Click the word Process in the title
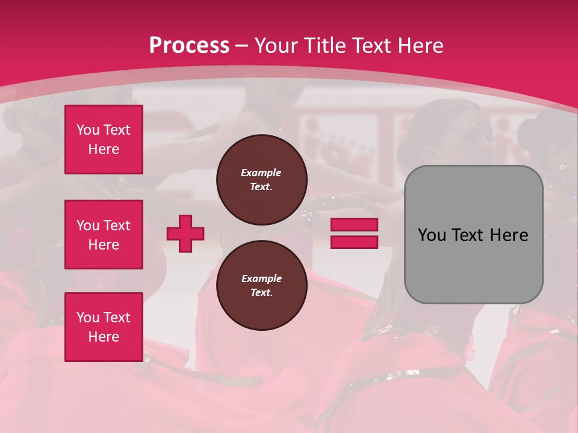(x=189, y=46)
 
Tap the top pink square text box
(x=104, y=140)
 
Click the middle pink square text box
(x=104, y=235)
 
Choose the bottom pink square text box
(x=104, y=327)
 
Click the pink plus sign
(x=185, y=233)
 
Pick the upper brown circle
(x=261, y=180)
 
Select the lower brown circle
(x=261, y=286)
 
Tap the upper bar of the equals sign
(x=355, y=225)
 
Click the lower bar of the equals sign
(x=355, y=242)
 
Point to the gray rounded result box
(x=473, y=235)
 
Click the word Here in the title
(x=421, y=46)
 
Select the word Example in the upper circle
(x=261, y=173)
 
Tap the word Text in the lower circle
(x=261, y=293)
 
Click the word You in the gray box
(x=431, y=235)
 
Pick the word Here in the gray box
(x=509, y=235)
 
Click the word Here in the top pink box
(x=104, y=149)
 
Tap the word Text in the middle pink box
(x=117, y=226)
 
